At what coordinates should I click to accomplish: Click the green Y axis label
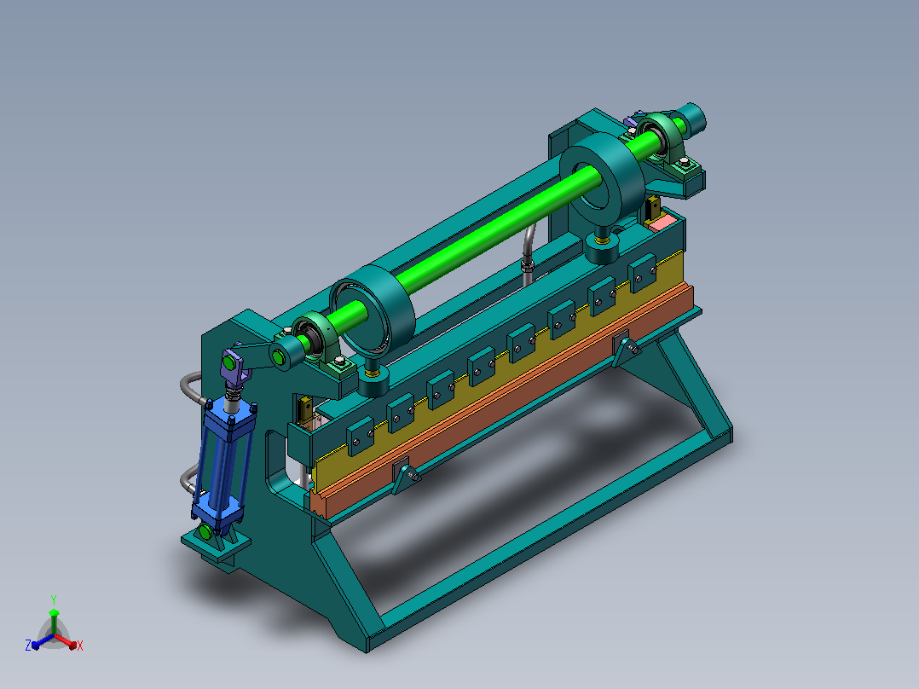[54, 599]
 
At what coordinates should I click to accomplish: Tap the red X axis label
[80, 646]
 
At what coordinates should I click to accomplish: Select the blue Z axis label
[27, 645]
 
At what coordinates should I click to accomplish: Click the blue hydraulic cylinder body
[223, 463]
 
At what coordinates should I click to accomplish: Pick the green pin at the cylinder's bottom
[205, 532]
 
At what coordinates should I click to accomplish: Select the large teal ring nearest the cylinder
[372, 310]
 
